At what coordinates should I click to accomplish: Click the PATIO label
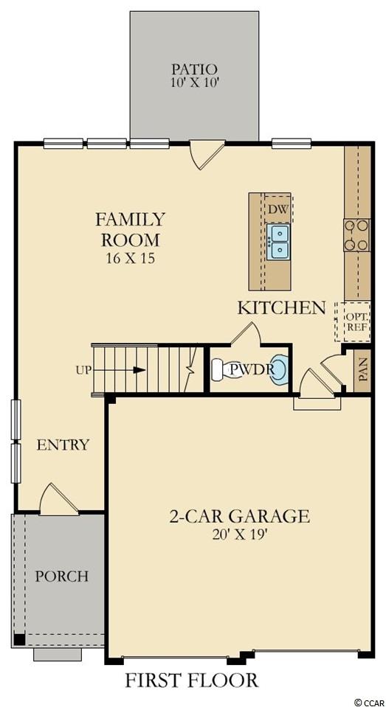click(x=194, y=69)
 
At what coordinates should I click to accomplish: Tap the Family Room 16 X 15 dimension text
click(x=130, y=259)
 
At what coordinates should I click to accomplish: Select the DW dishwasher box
click(x=278, y=209)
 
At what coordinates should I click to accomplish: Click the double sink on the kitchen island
click(x=278, y=242)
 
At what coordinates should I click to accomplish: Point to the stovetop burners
click(x=356, y=235)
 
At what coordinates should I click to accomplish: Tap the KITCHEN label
click(x=281, y=308)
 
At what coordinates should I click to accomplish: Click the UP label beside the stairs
click(x=83, y=371)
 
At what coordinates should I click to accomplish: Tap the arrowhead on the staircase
click(x=139, y=370)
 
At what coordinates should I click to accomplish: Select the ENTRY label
click(x=63, y=445)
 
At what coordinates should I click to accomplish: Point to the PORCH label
click(x=61, y=577)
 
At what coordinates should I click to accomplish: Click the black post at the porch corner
click(x=19, y=639)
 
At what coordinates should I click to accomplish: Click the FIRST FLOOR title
click(x=191, y=680)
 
